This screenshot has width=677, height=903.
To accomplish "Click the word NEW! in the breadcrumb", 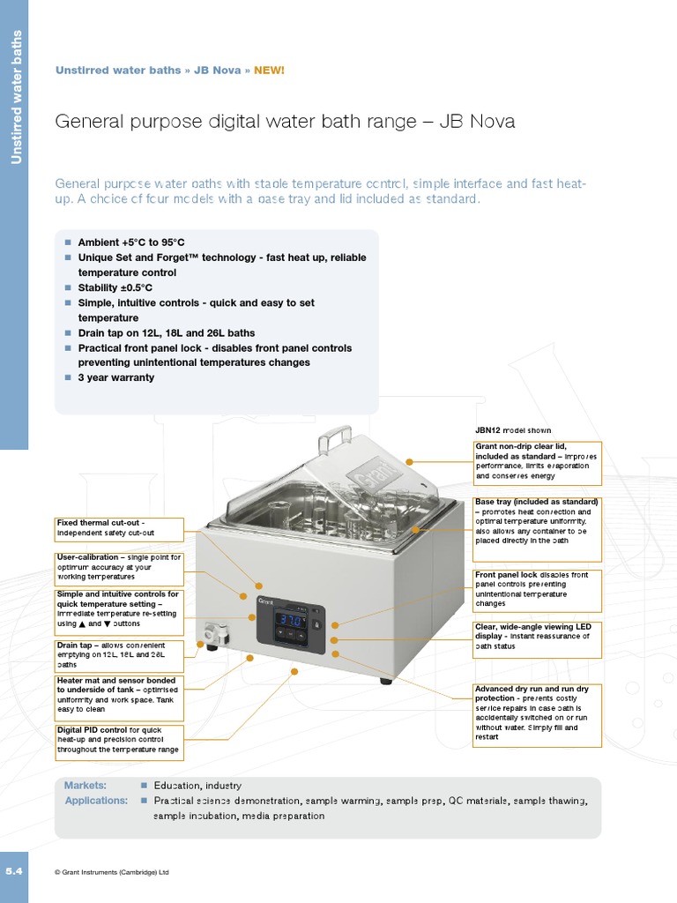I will pos(269,71).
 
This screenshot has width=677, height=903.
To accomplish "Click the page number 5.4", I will pos(13,870).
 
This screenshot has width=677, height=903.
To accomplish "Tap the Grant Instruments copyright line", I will pos(112,872).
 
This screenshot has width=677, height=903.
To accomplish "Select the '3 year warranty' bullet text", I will pos(115,377).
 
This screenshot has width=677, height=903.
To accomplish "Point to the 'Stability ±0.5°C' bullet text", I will pos(115,287).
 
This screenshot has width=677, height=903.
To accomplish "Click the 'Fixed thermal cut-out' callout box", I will pos(119,529).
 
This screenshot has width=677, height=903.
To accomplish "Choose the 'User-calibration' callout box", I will pos(119,568).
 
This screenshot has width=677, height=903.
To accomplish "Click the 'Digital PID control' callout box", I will pos(119,741).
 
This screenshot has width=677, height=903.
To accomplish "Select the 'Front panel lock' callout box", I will pos(538,590).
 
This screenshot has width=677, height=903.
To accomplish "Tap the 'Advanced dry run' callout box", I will pos(538,713).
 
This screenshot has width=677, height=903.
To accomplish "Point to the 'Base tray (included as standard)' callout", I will pos(538,526).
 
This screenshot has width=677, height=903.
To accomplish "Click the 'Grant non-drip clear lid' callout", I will pos(538,463).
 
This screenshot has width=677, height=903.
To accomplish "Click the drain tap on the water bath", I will pos(212,635).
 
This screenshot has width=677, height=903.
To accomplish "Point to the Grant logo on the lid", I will pos(369,477).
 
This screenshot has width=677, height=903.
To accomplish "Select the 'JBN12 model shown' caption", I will pos(514,430).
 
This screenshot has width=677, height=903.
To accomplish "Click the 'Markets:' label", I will pos(86,785).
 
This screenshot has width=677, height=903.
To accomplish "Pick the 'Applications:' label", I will pos(96,801).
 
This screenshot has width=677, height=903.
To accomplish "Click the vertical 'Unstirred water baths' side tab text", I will pos(14,97).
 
